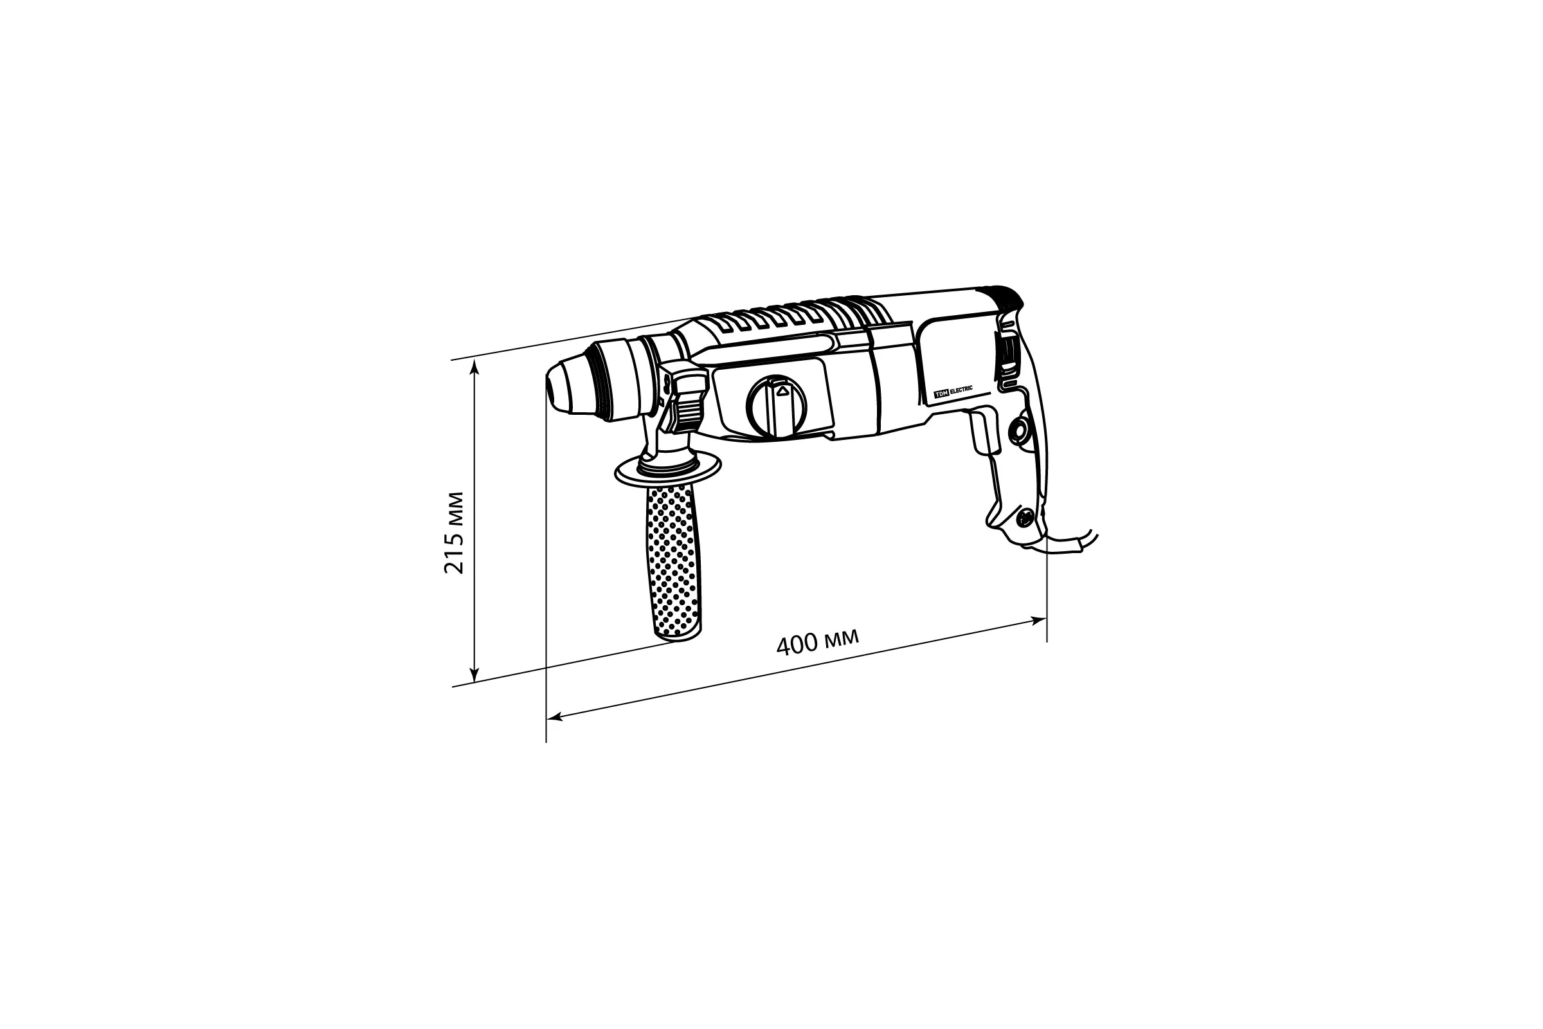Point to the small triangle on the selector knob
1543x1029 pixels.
(x=781, y=392)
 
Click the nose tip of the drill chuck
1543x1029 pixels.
(x=550, y=387)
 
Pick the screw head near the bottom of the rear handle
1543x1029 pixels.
(x=1024, y=518)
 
